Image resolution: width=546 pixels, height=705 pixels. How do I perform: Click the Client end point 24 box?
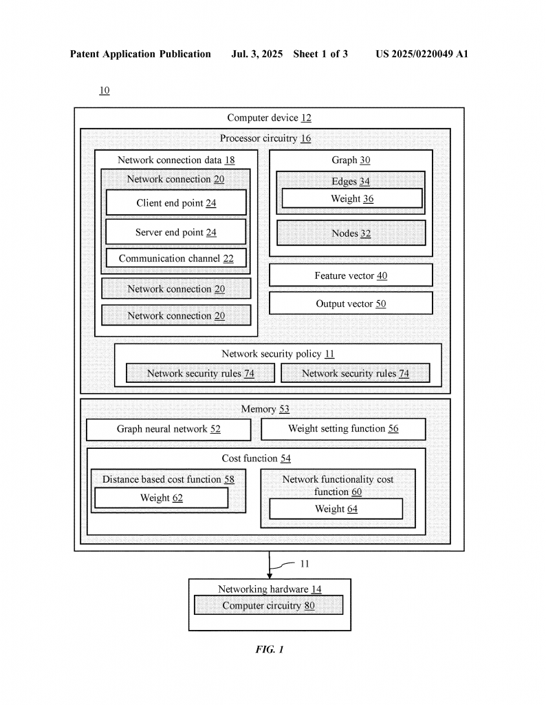pyautogui.click(x=176, y=202)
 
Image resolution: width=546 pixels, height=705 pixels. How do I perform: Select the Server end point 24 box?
pyautogui.click(x=176, y=231)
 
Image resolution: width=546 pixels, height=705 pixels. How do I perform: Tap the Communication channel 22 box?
pyautogui.click(x=176, y=258)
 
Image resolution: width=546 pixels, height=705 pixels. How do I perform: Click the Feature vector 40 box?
pyautogui.click(x=351, y=275)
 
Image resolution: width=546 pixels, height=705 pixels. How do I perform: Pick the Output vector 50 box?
pyautogui.click(x=351, y=304)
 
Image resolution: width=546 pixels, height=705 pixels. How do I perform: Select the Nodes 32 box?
pyautogui.click(x=351, y=233)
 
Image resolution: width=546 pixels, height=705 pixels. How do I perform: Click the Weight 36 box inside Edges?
pyautogui.click(x=352, y=198)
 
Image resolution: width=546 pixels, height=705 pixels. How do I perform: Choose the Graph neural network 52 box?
pyautogui.click(x=168, y=430)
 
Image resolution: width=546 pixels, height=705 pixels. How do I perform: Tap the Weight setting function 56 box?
pyautogui.click(x=343, y=429)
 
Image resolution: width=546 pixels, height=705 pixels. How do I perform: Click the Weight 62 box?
pyautogui.click(x=161, y=498)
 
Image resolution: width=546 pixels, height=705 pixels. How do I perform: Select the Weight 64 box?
pyautogui.click(x=336, y=509)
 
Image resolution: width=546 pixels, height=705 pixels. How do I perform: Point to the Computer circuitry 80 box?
pyautogui.click(x=268, y=605)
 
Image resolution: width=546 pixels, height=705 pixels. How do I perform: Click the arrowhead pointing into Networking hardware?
pyautogui.click(x=270, y=576)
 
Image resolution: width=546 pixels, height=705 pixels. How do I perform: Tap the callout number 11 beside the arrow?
pyautogui.click(x=305, y=563)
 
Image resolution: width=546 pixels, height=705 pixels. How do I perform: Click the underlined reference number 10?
pyautogui.click(x=104, y=90)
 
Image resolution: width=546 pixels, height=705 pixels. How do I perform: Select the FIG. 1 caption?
pyautogui.click(x=270, y=649)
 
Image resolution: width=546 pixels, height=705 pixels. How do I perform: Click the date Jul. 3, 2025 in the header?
pyautogui.click(x=256, y=54)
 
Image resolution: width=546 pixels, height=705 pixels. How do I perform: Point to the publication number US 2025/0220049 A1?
pyautogui.click(x=422, y=54)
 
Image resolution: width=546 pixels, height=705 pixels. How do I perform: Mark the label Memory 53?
pyautogui.click(x=265, y=409)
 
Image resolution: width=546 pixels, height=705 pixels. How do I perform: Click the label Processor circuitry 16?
pyautogui.click(x=265, y=138)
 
